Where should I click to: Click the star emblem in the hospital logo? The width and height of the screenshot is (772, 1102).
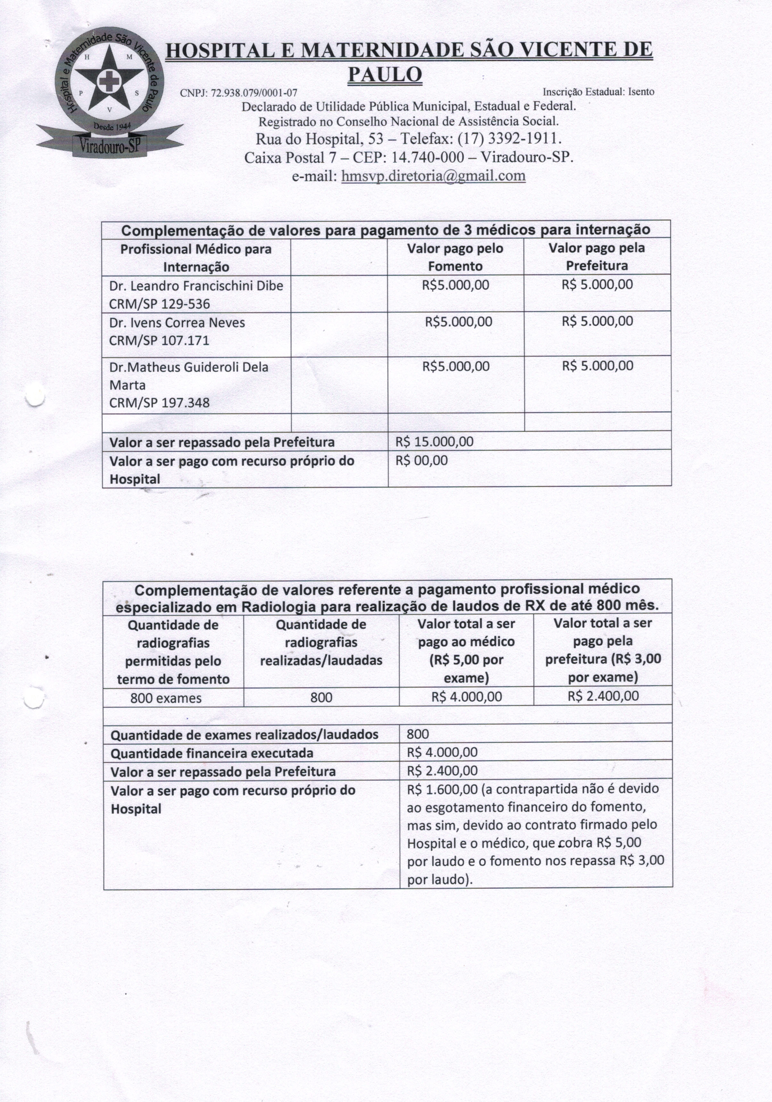(109, 80)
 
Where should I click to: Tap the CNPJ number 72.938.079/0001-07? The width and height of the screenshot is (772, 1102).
(252, 93)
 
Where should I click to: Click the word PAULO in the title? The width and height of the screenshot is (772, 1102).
(384, 74)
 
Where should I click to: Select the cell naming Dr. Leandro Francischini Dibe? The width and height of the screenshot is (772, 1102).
(196, 286)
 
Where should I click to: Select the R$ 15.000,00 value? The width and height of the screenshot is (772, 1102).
(434, 442)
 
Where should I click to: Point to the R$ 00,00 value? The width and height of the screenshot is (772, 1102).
(421, 461)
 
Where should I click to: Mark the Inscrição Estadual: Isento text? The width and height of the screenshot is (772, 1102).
(598, 92)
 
